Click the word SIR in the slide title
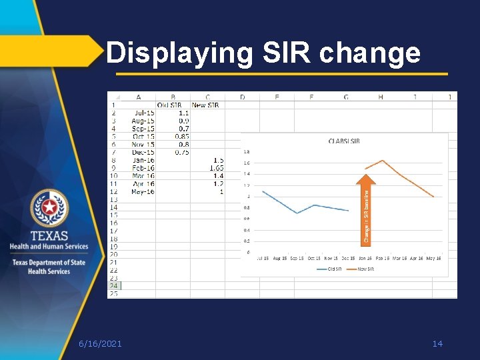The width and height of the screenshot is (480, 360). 283,53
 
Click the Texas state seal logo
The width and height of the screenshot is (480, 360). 49,209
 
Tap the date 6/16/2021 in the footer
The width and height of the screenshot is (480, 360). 100,343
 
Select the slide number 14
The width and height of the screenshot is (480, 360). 437,343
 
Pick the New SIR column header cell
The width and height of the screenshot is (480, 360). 207,105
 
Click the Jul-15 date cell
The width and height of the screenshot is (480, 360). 143,113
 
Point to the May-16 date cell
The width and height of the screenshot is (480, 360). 142,191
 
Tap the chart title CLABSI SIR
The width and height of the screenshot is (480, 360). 344,141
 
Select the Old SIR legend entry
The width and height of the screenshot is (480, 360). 329,269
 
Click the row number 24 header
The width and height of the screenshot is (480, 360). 114,285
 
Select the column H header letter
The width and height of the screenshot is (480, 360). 381,97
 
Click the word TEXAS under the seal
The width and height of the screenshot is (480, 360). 49,236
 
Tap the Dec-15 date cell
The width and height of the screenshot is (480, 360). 143,152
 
